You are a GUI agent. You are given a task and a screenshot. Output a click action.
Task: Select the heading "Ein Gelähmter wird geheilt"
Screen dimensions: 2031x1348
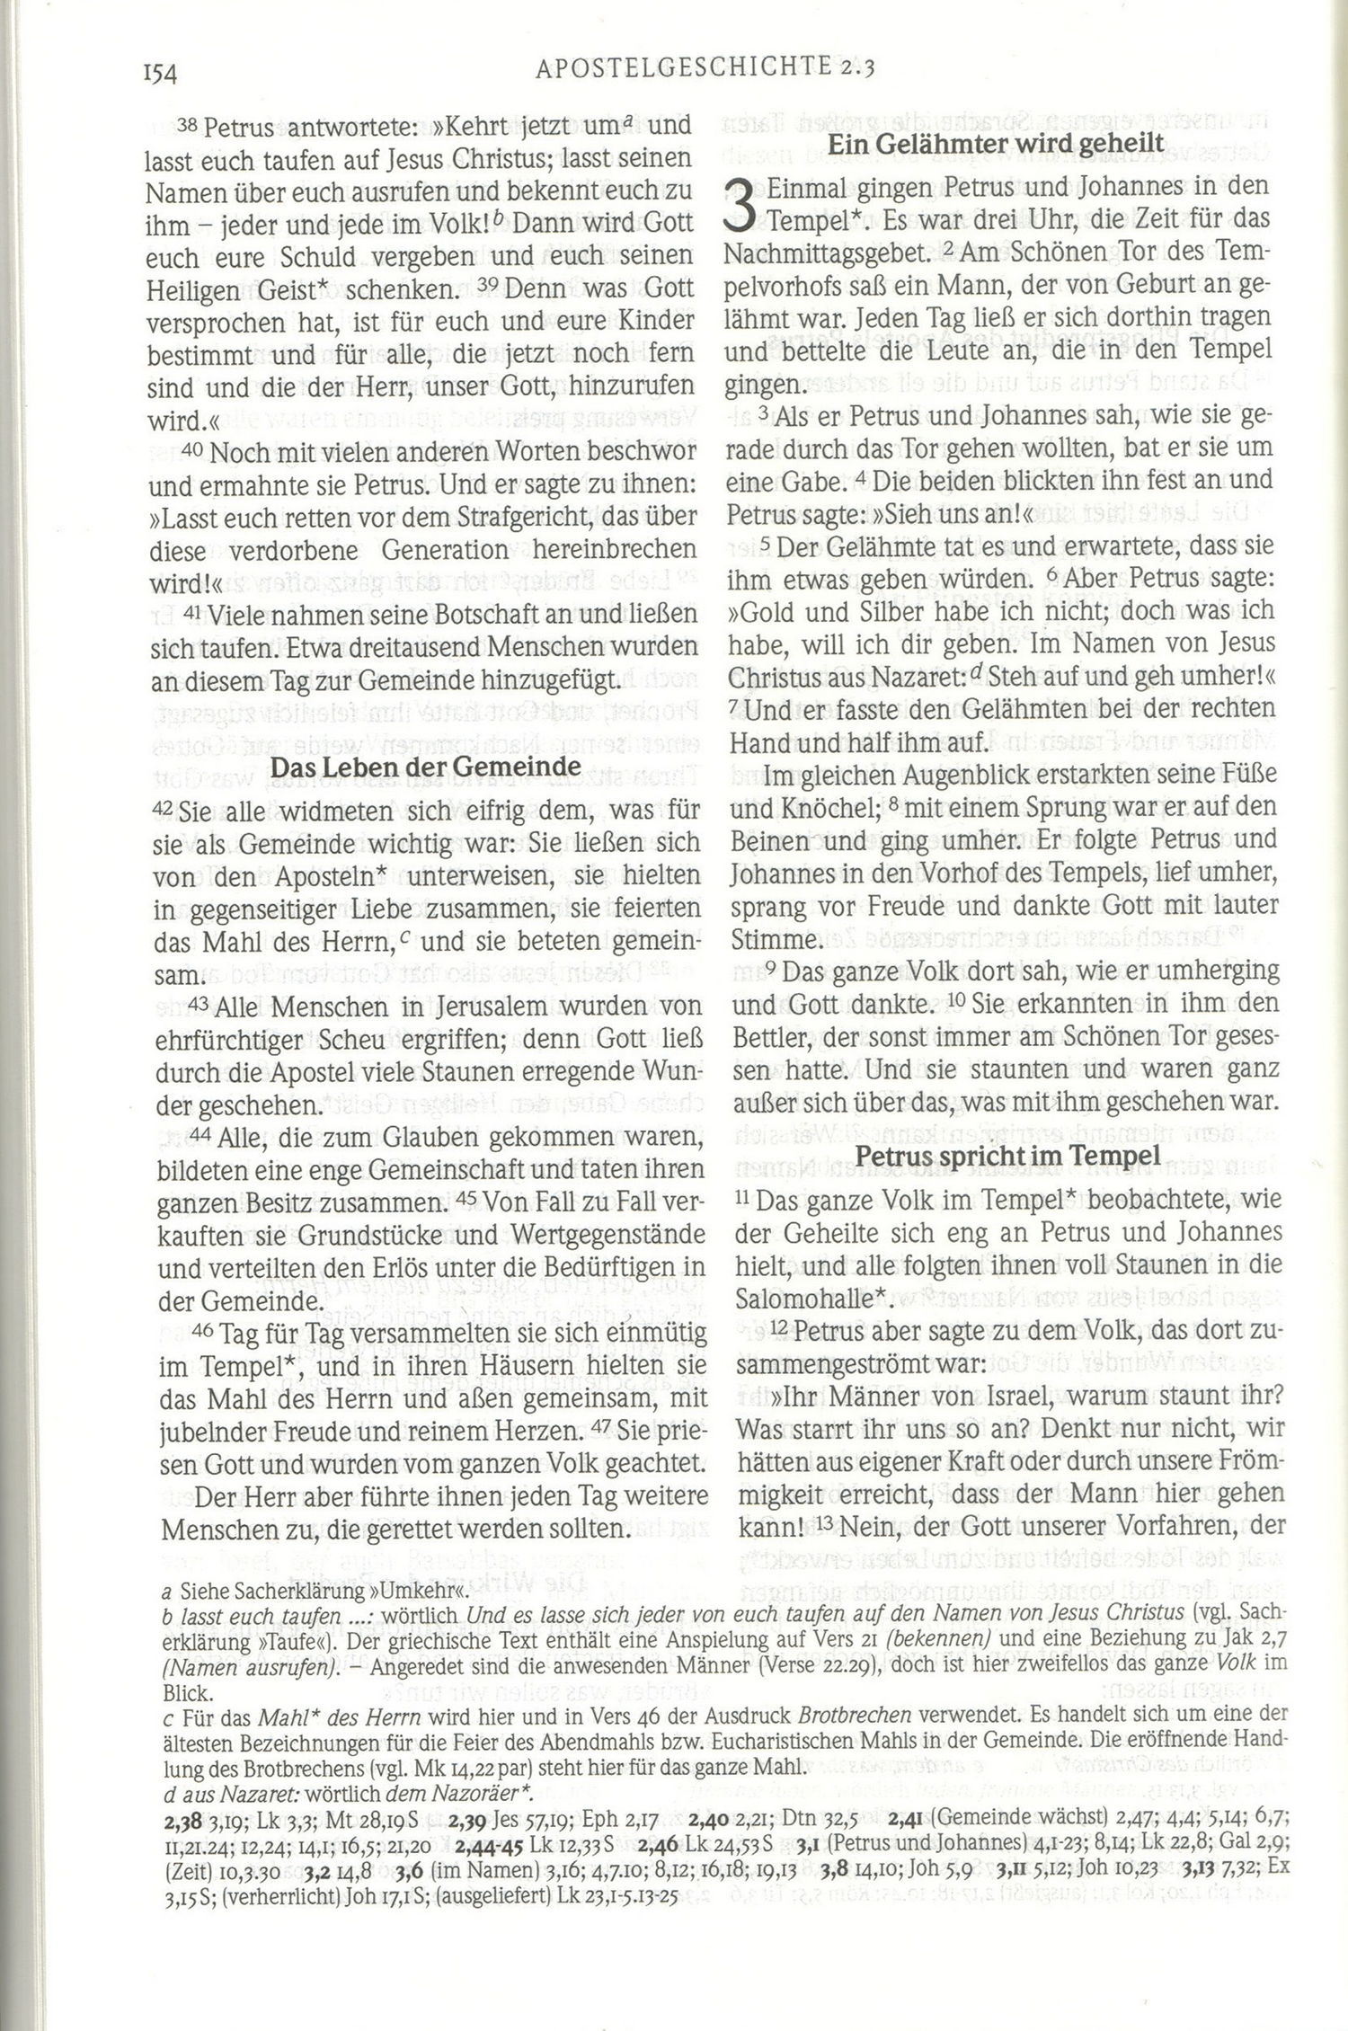click(996, 143)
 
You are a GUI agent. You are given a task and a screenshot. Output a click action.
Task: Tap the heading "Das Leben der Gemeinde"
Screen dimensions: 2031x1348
click(426, 767)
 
